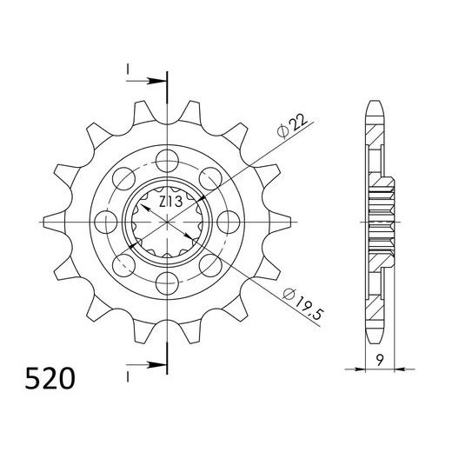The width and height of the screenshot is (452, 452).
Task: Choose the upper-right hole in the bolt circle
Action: tap(208, 176)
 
